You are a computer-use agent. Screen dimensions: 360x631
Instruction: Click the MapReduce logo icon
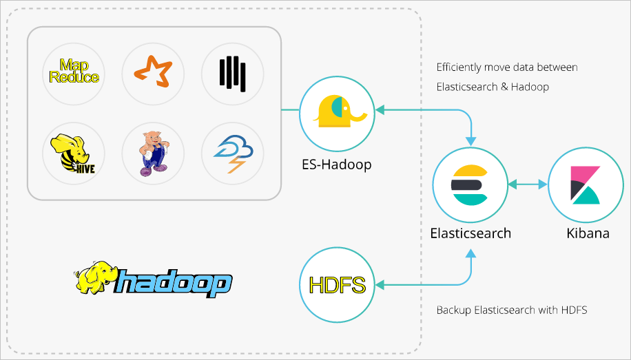[74, 71]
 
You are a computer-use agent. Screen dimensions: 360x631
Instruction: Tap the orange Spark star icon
[153, 71]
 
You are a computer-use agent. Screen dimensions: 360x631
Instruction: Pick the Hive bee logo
[74, 153]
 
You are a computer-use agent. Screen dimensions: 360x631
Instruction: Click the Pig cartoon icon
[153, 153]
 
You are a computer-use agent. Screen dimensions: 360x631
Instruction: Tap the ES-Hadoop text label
[336, 165]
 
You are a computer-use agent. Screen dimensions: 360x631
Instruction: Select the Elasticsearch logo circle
[470, 184]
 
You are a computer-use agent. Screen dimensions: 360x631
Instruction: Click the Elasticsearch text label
[470, 233]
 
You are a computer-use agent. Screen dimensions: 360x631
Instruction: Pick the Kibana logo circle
[586, 184]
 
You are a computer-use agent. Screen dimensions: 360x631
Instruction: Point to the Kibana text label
[588, 233]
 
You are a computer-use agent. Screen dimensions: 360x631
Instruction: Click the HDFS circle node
[336, 285]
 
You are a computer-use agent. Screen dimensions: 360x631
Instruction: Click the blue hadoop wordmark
[174, 282]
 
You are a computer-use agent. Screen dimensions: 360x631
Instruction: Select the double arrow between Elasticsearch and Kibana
[528, 184]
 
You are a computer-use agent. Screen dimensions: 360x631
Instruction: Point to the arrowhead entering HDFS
[379, 285]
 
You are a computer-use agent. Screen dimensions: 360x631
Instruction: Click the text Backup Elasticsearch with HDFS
[512, 310]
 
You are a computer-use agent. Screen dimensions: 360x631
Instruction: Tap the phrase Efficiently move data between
[507, 67]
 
